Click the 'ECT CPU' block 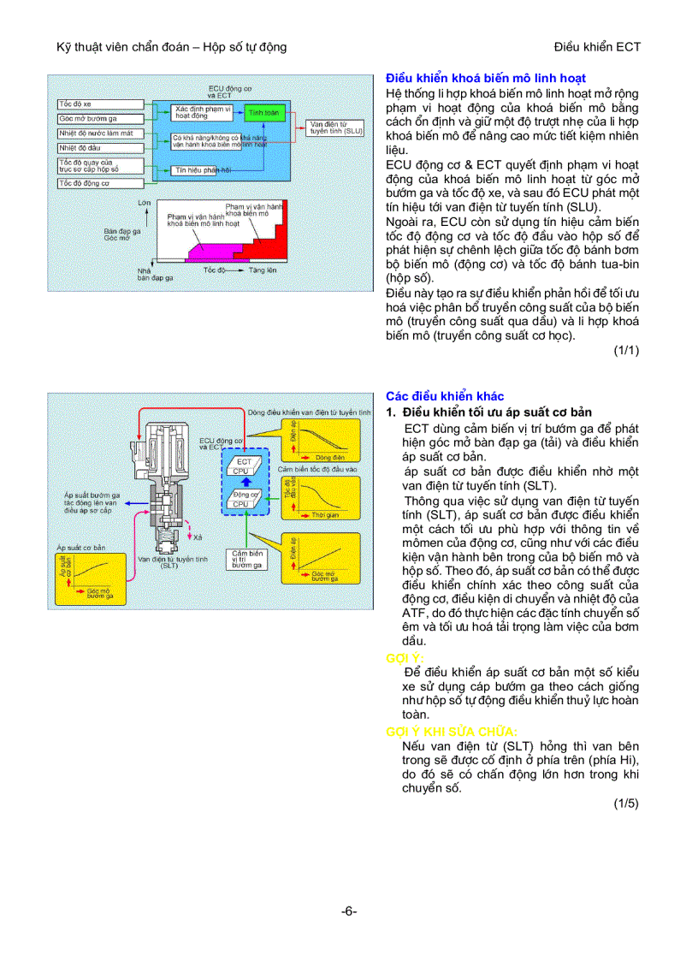pos(243,466)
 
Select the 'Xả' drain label pos(198,537)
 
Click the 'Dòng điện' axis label pos(329,458)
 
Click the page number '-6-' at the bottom pos(348,911)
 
